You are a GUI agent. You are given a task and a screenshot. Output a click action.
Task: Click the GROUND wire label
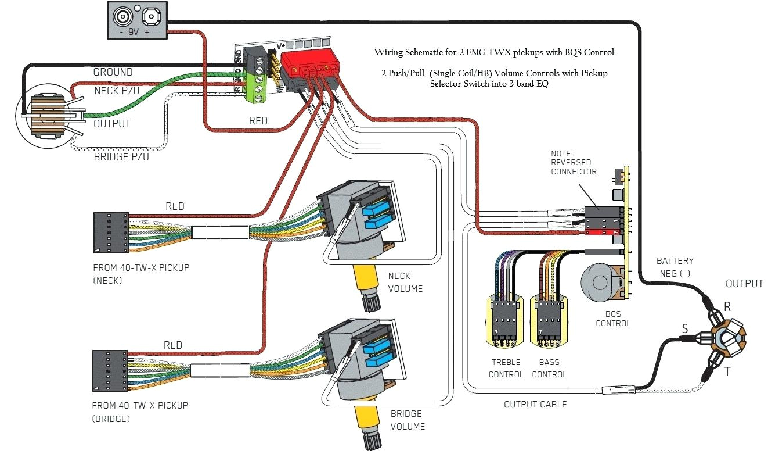[x=113, y=72]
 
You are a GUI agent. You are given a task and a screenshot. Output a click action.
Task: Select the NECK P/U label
[x=113, y=91]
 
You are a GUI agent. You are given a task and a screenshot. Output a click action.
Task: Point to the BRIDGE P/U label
[x=121, y=157]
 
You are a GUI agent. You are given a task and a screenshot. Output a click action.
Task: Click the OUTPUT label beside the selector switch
[x=111, y=124]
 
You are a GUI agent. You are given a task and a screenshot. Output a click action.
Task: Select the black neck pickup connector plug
[x=110, y=233]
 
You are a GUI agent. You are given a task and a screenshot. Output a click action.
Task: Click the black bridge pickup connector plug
[x=110, y=370]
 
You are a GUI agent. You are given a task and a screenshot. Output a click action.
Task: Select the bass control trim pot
[x=549, y=320]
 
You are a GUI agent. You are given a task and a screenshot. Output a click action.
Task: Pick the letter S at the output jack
[x=685, y=329]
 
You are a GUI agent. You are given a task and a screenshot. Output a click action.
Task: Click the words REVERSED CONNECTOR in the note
[x=574, y=167]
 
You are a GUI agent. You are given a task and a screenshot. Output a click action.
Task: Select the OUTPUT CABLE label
[x=535, y=404]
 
